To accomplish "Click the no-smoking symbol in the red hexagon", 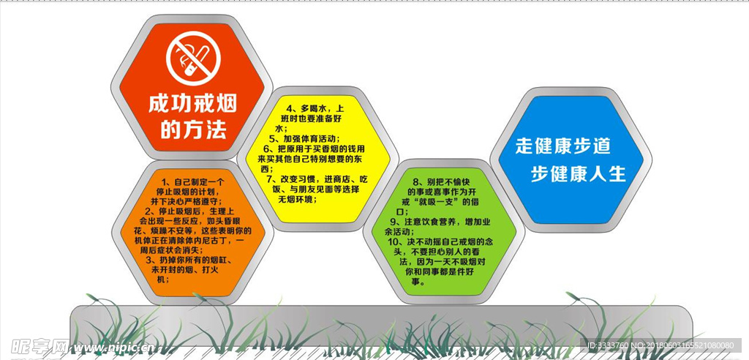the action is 193,59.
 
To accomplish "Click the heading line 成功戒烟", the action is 192,104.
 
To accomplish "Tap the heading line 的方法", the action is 193,129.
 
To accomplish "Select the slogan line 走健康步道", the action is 563,146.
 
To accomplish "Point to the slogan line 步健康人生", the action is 579,174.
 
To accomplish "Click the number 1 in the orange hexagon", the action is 165,182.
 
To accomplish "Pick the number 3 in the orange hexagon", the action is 149,260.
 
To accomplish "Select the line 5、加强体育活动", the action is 304,138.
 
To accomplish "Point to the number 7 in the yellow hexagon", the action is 269,179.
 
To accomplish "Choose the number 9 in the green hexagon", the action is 393,222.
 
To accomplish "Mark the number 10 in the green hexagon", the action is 393,242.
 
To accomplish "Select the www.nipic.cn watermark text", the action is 113,347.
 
